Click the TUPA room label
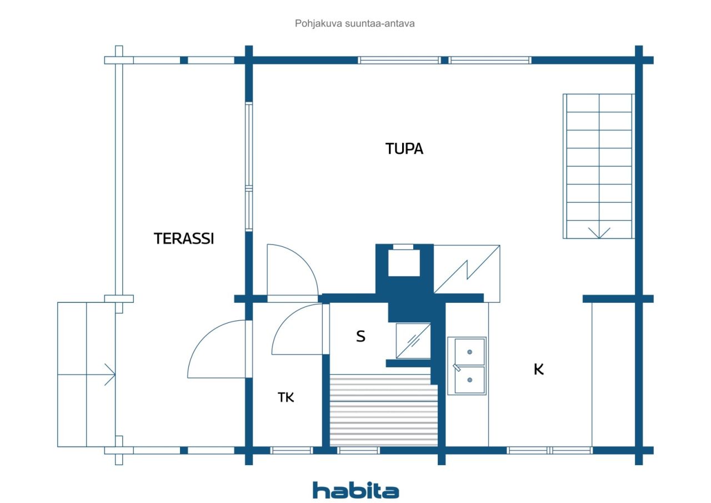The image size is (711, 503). pyautogui.click(x=404, y=148)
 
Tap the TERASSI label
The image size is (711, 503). pyautogui.click(x=184, y=238)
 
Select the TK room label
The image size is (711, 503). pyautogui.click(x=286, y=397)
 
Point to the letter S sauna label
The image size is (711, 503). pyautogui.click(x=360, y=336)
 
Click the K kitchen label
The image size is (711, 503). pyautogui.click(x=539, y=369)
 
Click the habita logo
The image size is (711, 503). pyautogui.click(x=355, y=490)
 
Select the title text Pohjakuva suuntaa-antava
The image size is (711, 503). pyautogui.click(x=354, y=23)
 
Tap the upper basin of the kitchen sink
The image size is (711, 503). pyautogui.click(x=469, y=351)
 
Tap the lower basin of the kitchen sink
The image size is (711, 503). pyautogui.click(x=469, y=380)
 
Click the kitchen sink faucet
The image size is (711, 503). pyautogui.click(x=457, y=367)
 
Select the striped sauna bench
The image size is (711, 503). pyautogui.click(x=383, y=410)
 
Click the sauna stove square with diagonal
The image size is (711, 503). pyautogui.click(x=413, y=341)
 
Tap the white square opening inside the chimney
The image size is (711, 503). pyautogui.click(x=404, y=262)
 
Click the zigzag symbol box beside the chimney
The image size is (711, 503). pyautogui.click(x=467, y=273)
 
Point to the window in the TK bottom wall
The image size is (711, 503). pyautogui.click(x=292, y=450)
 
